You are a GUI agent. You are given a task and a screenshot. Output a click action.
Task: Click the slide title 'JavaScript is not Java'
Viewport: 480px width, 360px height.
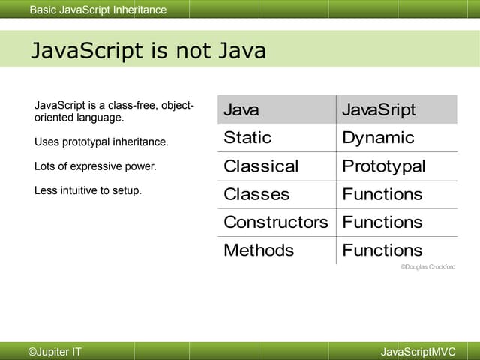[148, 51]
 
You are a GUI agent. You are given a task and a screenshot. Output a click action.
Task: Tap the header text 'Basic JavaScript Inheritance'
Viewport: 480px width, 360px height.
[98, 10]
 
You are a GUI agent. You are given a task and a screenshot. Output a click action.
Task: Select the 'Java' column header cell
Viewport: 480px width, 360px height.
[241, 110]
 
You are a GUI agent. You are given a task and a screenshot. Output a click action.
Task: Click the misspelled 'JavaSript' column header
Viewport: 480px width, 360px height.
[378, 110]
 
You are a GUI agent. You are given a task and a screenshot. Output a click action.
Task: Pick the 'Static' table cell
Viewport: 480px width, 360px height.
[247, 138]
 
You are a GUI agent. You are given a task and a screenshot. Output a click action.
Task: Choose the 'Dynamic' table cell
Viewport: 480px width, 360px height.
[378, 138]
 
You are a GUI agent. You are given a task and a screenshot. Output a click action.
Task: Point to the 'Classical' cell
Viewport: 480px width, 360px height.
[261, 166]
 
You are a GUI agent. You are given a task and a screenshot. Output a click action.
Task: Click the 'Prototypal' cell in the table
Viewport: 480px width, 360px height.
[383, 166]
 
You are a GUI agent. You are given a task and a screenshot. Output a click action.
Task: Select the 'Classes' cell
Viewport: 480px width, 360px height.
[256, 194]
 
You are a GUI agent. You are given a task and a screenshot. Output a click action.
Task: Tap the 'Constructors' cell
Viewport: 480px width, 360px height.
[276, 222]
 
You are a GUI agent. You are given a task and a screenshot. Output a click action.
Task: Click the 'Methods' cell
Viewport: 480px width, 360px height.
[259, 250]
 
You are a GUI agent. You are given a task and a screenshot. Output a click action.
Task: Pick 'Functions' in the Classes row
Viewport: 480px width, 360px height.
[382, 194]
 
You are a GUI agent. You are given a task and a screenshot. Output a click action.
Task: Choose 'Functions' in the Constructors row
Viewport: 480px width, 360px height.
[382, 222]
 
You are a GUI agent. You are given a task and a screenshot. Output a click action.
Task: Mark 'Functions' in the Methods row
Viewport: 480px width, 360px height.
[382, 250]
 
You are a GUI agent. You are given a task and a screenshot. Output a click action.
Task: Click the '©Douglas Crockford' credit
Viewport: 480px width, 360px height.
[427, 267]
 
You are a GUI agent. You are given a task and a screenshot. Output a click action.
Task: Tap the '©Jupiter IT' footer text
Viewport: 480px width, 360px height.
[55, 352]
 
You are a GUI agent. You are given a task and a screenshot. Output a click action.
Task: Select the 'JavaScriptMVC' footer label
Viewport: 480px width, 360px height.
[418, 352]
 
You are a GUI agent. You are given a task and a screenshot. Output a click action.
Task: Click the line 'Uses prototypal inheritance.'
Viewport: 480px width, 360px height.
[101, 142]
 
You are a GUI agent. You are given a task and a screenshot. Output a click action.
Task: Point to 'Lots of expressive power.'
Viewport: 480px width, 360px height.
[95, 166]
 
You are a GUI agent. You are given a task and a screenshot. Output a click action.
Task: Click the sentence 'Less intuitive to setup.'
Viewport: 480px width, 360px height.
[88, 190]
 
